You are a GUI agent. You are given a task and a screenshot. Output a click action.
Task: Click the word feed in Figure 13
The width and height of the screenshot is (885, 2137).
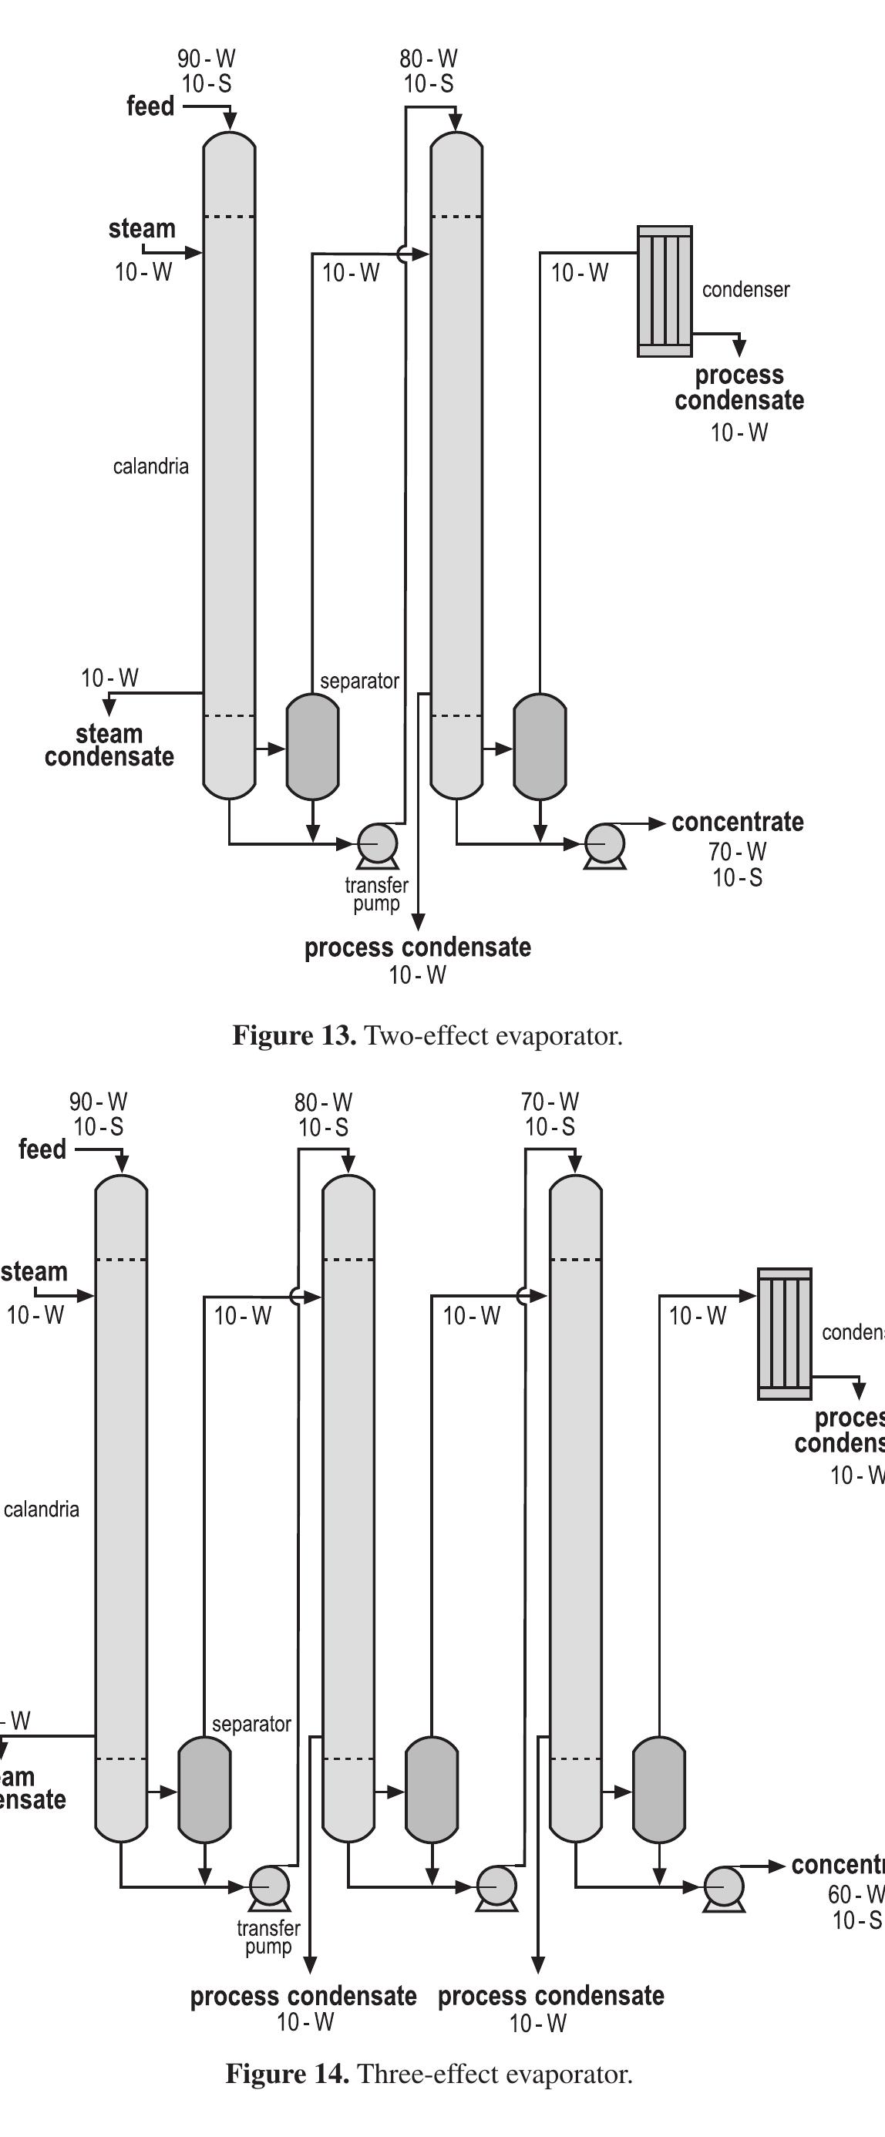tap(150, 106)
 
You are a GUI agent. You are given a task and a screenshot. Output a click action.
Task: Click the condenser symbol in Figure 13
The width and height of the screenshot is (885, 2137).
tap(665, 291)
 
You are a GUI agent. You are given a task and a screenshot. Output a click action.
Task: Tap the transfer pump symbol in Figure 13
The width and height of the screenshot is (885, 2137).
tap(378, 844)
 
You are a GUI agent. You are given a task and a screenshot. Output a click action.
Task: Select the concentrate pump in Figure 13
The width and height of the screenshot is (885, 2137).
tap(604, 844)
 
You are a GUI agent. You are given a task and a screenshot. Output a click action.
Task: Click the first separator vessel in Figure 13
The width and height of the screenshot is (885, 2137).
tap(313, 746)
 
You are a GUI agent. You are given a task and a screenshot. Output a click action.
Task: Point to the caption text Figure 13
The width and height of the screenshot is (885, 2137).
tap(294, 1035)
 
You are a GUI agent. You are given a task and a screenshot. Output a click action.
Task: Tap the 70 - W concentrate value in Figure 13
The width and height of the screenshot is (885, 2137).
tap(737, 851)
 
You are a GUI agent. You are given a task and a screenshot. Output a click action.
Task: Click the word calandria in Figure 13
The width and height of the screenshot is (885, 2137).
tap(151, 466)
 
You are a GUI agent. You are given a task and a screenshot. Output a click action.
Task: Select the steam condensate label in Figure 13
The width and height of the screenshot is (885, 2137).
tap(109, 745)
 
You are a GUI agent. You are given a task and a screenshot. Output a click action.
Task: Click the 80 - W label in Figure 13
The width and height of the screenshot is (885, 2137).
tap(428, 59)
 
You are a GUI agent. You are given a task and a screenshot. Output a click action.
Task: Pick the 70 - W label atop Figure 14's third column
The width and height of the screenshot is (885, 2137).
tap(550, 1102)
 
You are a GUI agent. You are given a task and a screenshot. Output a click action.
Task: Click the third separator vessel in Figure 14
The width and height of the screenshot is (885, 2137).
tap(659, 1789)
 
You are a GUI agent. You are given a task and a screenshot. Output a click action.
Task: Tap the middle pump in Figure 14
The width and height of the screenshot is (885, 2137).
tap(496, 1887)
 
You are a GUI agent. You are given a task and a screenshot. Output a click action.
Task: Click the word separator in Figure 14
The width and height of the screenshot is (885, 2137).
tap(251, 1724)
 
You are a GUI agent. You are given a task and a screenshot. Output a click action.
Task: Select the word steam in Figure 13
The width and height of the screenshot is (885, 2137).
tap(142, 228)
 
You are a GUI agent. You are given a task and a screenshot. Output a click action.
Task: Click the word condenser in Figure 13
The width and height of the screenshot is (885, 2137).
tap(745, 290)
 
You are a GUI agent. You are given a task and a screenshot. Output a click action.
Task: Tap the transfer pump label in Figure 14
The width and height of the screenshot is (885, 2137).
tap(268, 1937)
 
